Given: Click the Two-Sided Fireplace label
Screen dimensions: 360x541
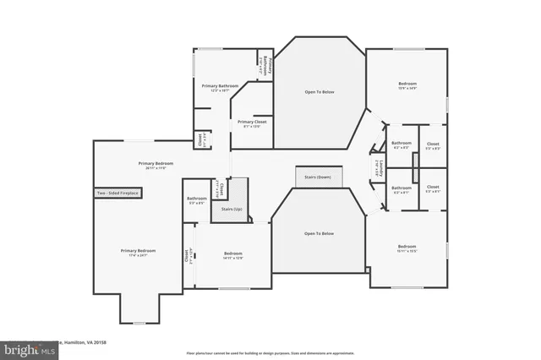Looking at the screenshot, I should [x=117, y=194].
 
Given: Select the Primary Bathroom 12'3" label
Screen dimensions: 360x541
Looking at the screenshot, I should [x=220, y=86].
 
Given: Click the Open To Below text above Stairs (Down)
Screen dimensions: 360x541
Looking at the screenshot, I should [x=320, y=91].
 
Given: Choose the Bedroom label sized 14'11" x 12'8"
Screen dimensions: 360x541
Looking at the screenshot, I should [x=233, y=254].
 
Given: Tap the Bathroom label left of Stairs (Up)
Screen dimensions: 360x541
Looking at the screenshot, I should [x=196, y=200].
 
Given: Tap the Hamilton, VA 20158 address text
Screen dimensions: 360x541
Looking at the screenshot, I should [x=85, y=342].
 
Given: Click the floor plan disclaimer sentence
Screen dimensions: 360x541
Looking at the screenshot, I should [x=271, y=352].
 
